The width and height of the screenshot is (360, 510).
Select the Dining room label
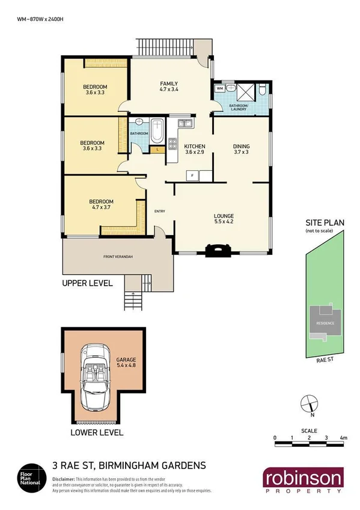tap(241, 149)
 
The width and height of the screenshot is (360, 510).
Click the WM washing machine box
tap(219, 89)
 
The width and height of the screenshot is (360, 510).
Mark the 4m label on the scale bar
tap(343, 437)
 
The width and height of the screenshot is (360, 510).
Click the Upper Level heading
tap(88, 282)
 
